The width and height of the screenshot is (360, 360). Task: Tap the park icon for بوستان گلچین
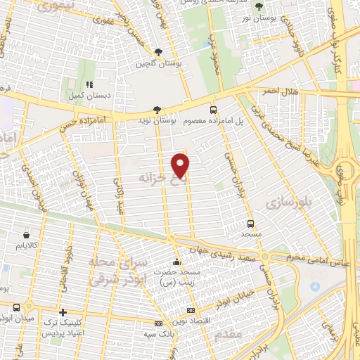(x=158, y=52)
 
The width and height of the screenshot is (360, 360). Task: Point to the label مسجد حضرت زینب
(x=177, y=276)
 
